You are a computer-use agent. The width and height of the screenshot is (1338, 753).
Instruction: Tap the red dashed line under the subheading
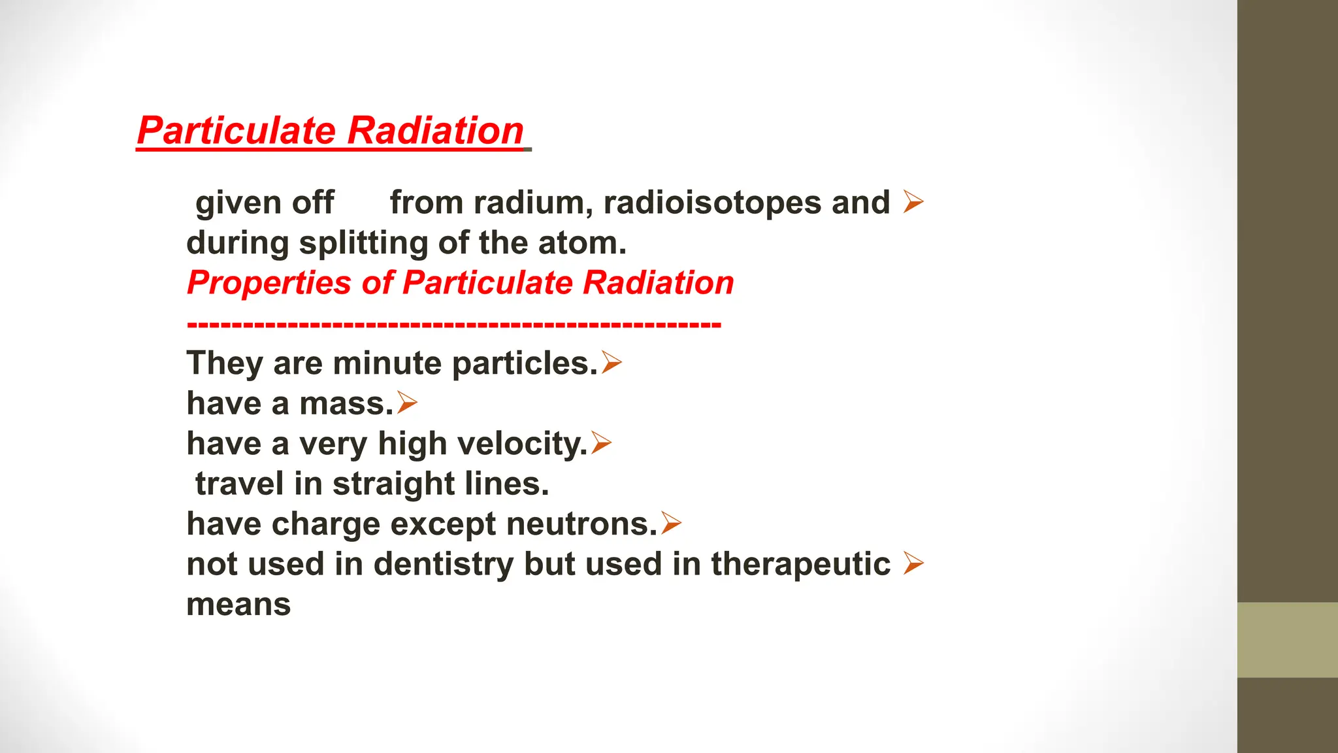point(453,324)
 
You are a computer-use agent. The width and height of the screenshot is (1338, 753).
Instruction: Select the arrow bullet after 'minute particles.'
point(612,362)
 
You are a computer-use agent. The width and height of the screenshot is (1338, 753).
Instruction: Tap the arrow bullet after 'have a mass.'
point(406,403)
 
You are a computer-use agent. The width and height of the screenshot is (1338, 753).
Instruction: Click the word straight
point(393,484)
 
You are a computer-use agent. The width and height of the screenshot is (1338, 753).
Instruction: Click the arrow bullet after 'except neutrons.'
point(671,523)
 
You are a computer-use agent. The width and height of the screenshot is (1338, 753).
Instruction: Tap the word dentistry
point(443,565)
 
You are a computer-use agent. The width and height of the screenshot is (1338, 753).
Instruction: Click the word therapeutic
point(800,565)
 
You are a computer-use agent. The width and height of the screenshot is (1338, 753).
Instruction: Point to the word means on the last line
point(238,605)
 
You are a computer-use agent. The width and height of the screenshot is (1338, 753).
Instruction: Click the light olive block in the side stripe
point(1287,640)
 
